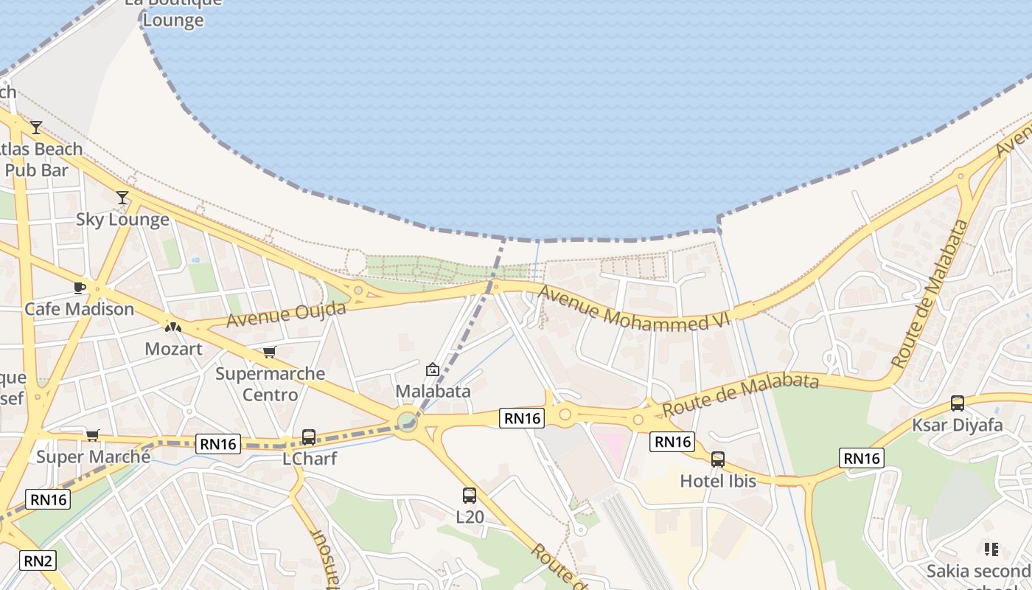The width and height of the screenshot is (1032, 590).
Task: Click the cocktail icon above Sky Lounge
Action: [x=122, y=197]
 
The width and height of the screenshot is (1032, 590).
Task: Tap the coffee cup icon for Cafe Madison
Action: [x=80, y=288]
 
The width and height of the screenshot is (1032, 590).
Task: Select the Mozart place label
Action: [x=173, y=348]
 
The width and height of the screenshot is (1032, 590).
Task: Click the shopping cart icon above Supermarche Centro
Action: [x=270, y=353]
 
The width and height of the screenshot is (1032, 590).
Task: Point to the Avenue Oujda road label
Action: [x=286, y=314]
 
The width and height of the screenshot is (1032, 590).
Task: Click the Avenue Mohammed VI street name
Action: [x=633, y=308]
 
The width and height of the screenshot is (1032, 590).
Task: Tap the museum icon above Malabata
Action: [x=433, y=369]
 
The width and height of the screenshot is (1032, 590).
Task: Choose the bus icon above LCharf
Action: [x=309, y=437]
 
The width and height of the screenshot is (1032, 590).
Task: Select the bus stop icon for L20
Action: [x=470, y=496]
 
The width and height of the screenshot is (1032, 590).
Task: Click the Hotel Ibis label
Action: [x=718, y=481]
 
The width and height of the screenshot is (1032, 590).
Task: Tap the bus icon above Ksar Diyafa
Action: [x=958, y=403]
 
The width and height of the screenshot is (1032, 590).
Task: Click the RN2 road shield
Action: [x=38, y=560]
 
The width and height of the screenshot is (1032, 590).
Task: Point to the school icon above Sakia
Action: [x=991, y=549]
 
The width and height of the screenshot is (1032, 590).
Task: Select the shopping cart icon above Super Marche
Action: [x=92, y=435]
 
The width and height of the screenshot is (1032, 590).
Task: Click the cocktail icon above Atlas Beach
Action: [x=36, y=128]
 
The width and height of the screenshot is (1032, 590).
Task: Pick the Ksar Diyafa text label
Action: [x=958, y=425]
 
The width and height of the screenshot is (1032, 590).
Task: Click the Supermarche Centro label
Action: [x=270, y=383]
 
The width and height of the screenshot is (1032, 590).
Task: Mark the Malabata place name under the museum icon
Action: [x=433, y=391]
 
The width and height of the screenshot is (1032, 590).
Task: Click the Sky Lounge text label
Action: [x=122, y=220]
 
